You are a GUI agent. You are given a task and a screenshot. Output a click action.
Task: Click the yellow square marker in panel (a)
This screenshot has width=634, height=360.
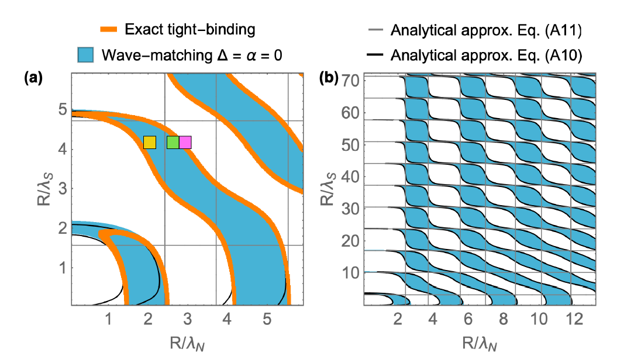point(150,142)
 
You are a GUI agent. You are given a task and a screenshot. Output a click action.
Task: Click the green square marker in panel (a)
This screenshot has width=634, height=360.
point(173,142)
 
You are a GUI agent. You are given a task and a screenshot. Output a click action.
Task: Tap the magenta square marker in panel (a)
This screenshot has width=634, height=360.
point(185,142)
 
